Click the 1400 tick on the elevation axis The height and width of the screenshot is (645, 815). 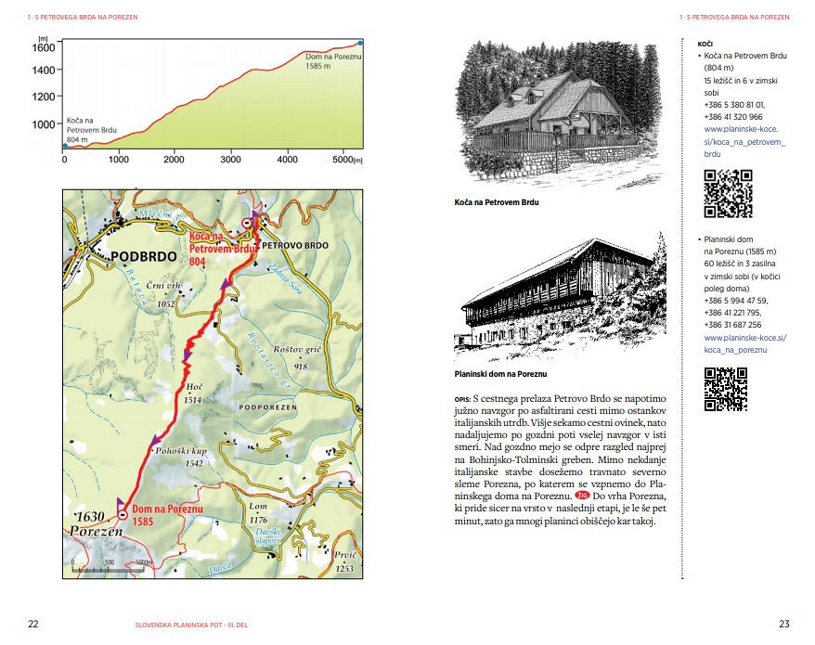click(45, 70)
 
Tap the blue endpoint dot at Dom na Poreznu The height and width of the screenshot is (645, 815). click(361, 42)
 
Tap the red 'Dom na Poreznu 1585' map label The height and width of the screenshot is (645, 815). click(167, 515)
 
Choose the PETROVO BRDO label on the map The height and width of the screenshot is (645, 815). click(294, 245)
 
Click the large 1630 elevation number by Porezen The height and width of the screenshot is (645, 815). click(87, 515)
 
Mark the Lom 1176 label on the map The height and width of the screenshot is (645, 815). click(258, 513)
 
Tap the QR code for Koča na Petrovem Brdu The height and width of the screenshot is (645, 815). click(727, 194)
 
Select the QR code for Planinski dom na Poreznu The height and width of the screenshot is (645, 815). click(726, 390)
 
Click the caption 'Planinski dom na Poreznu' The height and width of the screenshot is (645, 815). click(500, 373)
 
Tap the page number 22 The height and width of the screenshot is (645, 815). click(33, 624)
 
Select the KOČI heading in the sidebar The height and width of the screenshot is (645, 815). click(705, 44)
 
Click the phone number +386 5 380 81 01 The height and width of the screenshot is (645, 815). click(733, 105)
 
